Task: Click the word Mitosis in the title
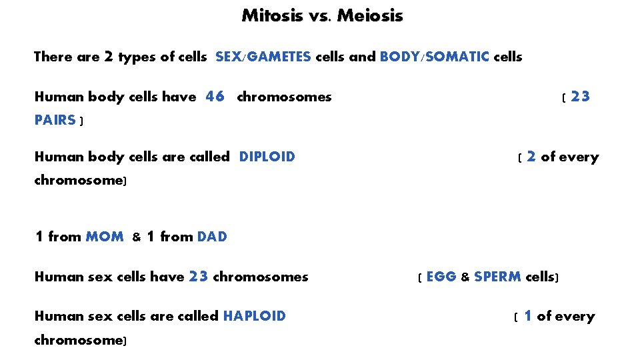[x=271, y=15]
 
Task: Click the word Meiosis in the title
[x=370, y=15]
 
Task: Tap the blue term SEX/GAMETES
[x=263, y=57]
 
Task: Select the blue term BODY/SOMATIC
[x=434, y=57]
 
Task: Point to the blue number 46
[x=215, y=97]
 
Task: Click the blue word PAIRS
[x=55, y=120]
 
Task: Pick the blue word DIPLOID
[x=267, y=157]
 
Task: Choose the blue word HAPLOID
[x=254, y=316]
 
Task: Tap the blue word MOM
[x=105, y=236]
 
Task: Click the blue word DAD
[x=212, y=236]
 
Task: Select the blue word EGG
[x=441, y=276]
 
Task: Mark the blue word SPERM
[x=497, y=276]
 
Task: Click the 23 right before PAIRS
[x=580, y=97]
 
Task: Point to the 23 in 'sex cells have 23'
[x=199, y=276]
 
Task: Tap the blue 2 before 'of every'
[x=531, y=157]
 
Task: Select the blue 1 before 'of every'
[x=528, y=316]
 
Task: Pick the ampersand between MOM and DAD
[x=136, y=237]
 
